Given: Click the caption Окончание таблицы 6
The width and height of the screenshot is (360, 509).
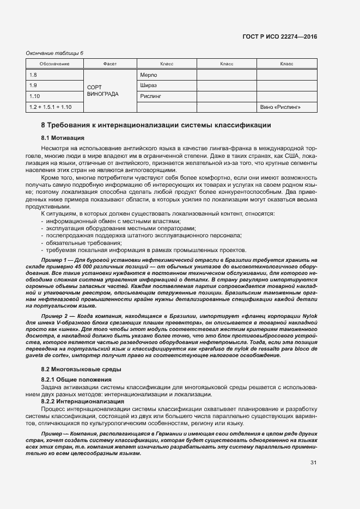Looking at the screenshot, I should [x=54, y=53].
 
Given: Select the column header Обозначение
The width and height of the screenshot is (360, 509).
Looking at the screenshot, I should [x=54, y=64].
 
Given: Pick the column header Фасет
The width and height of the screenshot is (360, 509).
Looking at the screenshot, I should [x=109, y=64].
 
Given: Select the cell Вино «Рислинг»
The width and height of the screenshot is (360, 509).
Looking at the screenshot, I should [x=281, y=107].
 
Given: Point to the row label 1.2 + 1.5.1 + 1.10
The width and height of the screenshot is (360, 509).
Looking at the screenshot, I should [x=51, y=107].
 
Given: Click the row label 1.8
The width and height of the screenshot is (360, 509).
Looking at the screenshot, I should [x=33, y=75].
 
